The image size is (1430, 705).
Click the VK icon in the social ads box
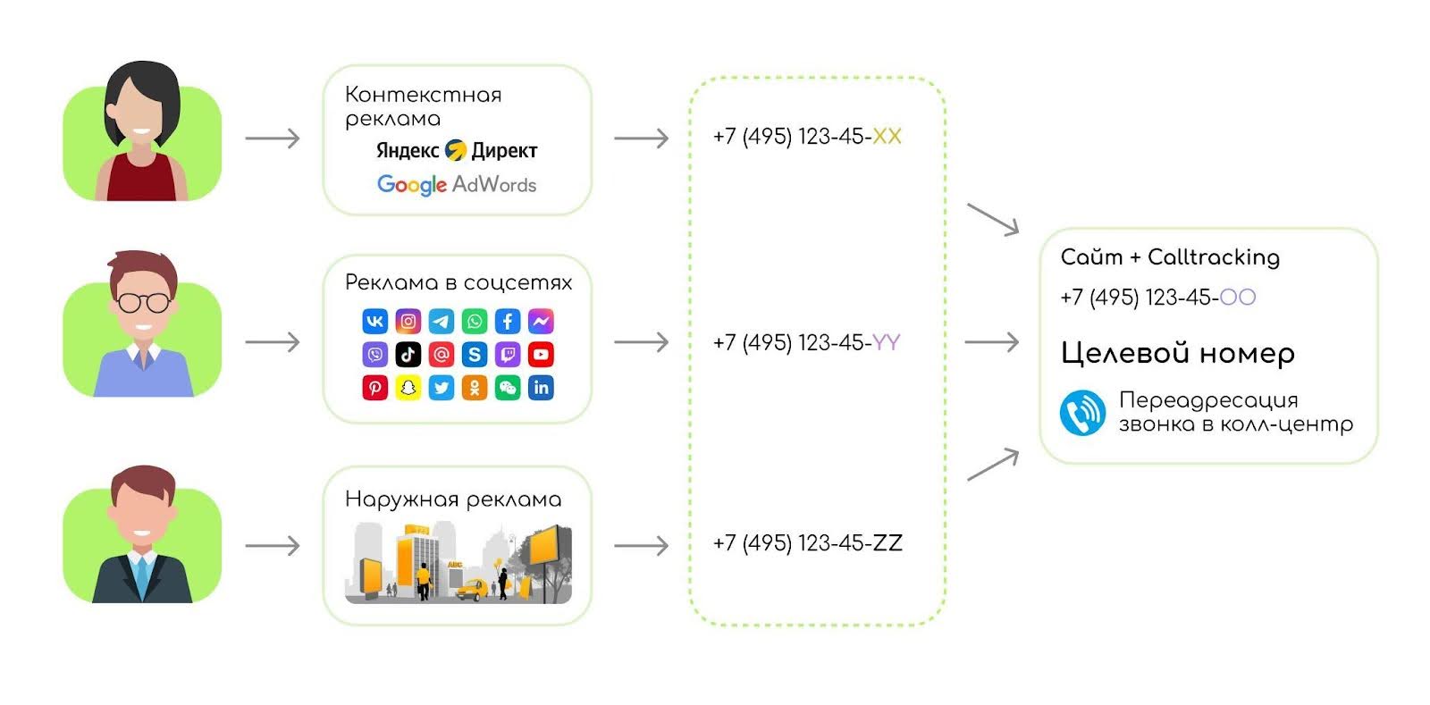(x=374, y=322)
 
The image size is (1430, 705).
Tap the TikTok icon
(x=408, y=355)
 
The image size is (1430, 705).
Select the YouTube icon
(x=541, y=355)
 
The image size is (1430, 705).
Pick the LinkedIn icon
(x=541, y=388)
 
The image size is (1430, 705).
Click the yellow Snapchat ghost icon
(x=408, y=388)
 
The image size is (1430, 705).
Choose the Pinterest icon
(x=374, y=388)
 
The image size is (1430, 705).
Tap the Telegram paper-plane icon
(x=442, y=322)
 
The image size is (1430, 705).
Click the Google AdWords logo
(x=457, y=184)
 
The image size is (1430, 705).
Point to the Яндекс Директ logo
(x=457, y=150)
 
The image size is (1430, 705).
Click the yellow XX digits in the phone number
(x=887, y=137)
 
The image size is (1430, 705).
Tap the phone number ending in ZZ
(x=807, y=543)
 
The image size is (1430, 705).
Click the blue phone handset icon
(x=1082, y=413)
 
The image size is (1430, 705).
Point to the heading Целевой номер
(x=1177, y=354)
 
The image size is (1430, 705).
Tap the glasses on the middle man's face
(x=142, y=302)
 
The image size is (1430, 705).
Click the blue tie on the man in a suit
(x=142, y=576)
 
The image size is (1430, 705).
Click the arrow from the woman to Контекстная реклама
(x=273, y=138)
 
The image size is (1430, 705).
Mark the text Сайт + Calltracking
(x=1170, y=257)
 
